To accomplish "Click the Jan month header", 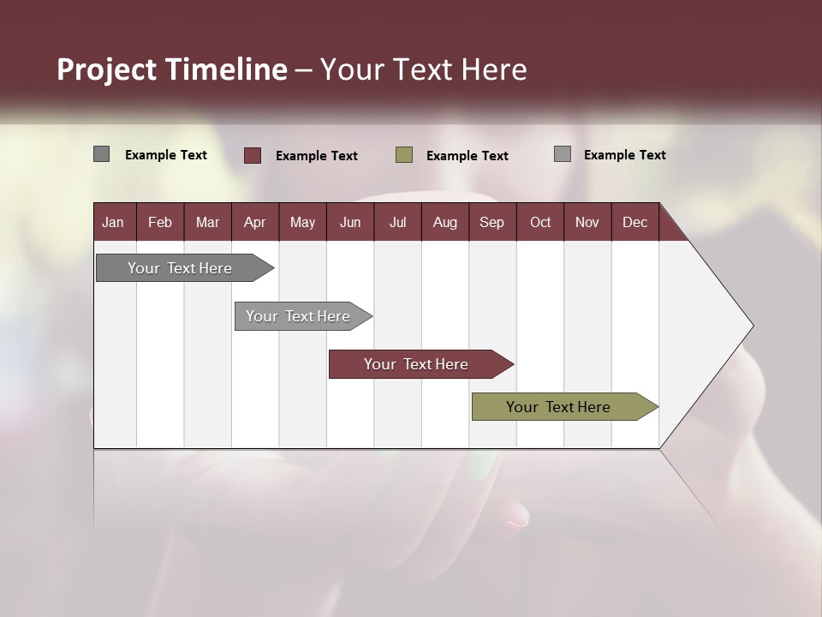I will tap(113, 222).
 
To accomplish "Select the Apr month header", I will tap(254, 222).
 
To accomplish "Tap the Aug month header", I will tap(444, 222).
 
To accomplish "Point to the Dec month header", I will tap(634, 222).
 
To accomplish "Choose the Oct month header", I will tap(540, 222).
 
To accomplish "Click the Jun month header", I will tap(350, 222).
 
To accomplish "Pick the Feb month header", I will tap(160, 222).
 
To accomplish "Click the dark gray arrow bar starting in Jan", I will tap(180, 268).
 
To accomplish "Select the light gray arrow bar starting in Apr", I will tap(298, 316).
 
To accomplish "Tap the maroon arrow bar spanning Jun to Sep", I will tap(416, 364).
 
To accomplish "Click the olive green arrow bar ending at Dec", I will tap(558, 407).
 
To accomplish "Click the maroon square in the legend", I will tap(253, 155).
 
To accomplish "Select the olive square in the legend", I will tap(404, 155).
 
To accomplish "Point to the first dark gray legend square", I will tap(101, 154).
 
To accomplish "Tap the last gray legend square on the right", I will tap(563, 154).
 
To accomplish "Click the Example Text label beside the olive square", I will tap(467, 156).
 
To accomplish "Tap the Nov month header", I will tap(587, 222).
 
